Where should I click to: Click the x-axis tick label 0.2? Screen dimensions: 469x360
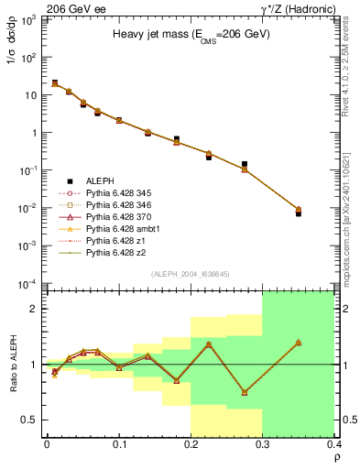(191, 444)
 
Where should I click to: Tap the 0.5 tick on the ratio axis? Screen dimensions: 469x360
(32, 420)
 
